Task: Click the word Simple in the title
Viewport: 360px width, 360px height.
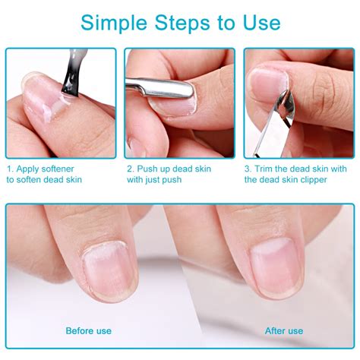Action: tap(114, 24)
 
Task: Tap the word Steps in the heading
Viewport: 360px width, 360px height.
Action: tap(182, 23)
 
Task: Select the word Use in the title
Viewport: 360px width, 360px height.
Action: tap(262, 23)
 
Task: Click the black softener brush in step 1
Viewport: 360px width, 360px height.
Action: tap(72, 74)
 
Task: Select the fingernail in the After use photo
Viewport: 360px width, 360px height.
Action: tap(276, 267)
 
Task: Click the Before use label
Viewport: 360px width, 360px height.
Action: tap(89, 330)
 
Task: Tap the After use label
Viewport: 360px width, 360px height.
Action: tap(284, 330)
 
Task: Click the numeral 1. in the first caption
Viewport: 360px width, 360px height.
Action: tap(10, 169)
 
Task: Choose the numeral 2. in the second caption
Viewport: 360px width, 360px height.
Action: tap(131, 169)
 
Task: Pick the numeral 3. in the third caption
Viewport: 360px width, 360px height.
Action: tap(248, 169)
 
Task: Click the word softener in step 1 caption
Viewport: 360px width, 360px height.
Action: tap(58, 169)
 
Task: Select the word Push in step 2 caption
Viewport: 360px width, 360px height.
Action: tap(146, 169)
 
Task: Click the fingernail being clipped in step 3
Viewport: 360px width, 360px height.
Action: tap(267, 85)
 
